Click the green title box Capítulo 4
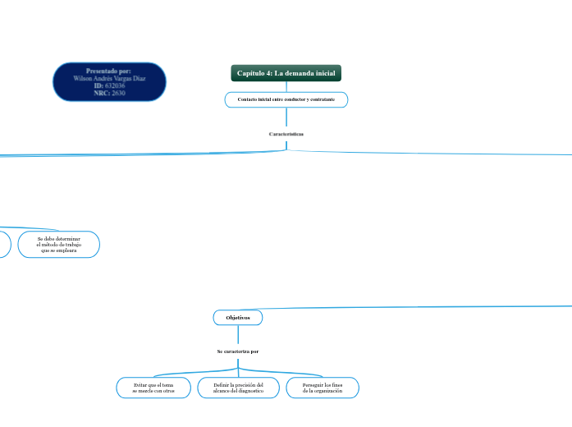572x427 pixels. [286, 74]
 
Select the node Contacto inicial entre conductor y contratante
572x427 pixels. [286, 99]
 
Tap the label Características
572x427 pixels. [286, 133]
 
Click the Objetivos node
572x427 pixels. [238, 317]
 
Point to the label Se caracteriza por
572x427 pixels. [238, 351]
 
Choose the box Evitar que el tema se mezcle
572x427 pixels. [153, 388]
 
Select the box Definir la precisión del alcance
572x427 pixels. [238, 388]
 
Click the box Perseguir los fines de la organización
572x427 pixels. [323, 388]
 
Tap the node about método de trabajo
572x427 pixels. [59, 245]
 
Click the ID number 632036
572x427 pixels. [115, 85]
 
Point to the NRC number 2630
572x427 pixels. [118, 93]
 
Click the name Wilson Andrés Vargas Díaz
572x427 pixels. [109, 78]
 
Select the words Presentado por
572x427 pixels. [109, 71]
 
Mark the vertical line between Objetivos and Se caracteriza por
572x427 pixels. [238, 335]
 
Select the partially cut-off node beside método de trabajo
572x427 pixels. [4, 245]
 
